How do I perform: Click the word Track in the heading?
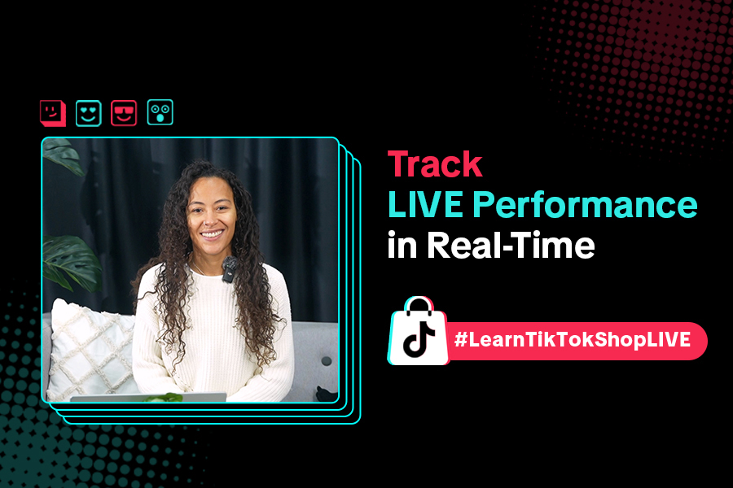click(435, 164)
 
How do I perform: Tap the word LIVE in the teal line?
click(425, 204)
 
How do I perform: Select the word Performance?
click(584, 206)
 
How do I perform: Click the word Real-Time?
click(511, 245)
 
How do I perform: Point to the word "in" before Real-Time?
click(402, 245)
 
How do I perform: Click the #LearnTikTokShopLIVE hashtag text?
click(573, 339)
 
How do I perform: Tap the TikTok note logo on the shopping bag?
click(419, 338)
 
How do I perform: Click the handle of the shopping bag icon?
click(419, 303)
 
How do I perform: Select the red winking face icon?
click(53, 113)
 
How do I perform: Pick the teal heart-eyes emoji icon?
click(88, 113)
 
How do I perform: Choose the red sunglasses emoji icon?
click(124, 113)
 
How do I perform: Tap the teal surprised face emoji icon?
click(160, 112)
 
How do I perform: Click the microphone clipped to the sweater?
click(229, 269)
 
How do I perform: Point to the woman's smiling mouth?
click(212, 233)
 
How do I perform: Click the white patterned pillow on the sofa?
click(91, 348)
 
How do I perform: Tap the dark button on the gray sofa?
click(327, 360)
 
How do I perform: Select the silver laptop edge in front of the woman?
click(149, 398)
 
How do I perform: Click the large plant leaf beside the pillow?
click(72, 263)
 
